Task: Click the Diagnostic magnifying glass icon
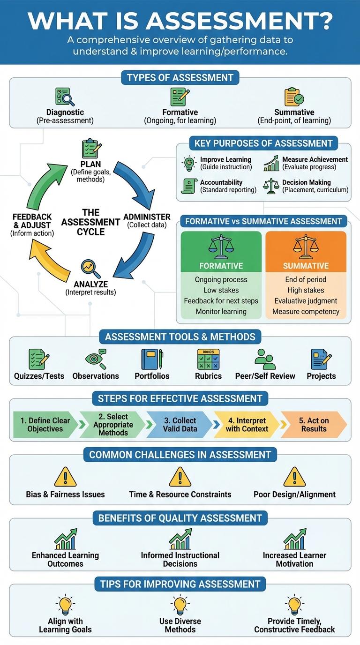tap(65, 97)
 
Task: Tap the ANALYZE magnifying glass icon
tap(90, 269)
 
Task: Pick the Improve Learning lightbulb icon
tap(189, 163)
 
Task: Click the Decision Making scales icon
tap(271, 186)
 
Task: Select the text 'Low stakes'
tap(221, 290)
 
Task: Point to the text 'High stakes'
tap(306, 290)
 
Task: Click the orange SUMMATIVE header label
tap(306, 266)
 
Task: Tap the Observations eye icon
tap(96, 360)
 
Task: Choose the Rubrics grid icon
tap(208, 360)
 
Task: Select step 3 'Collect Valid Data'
tap(180, 425)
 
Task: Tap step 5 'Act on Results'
tap(314, 425)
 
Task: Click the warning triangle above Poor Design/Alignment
tap(294, 477)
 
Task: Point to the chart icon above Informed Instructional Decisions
tap(180, 539)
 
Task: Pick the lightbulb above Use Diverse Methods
tap(180, 605)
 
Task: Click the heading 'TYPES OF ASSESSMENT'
tap(180, 77)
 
